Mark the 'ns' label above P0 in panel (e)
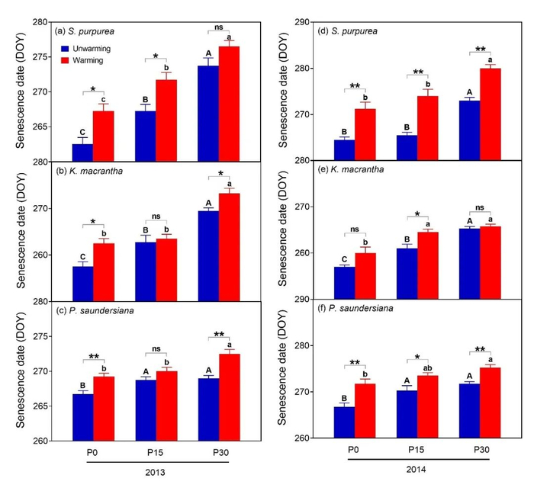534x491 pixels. (355, 229)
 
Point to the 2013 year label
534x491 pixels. (156, 473)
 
